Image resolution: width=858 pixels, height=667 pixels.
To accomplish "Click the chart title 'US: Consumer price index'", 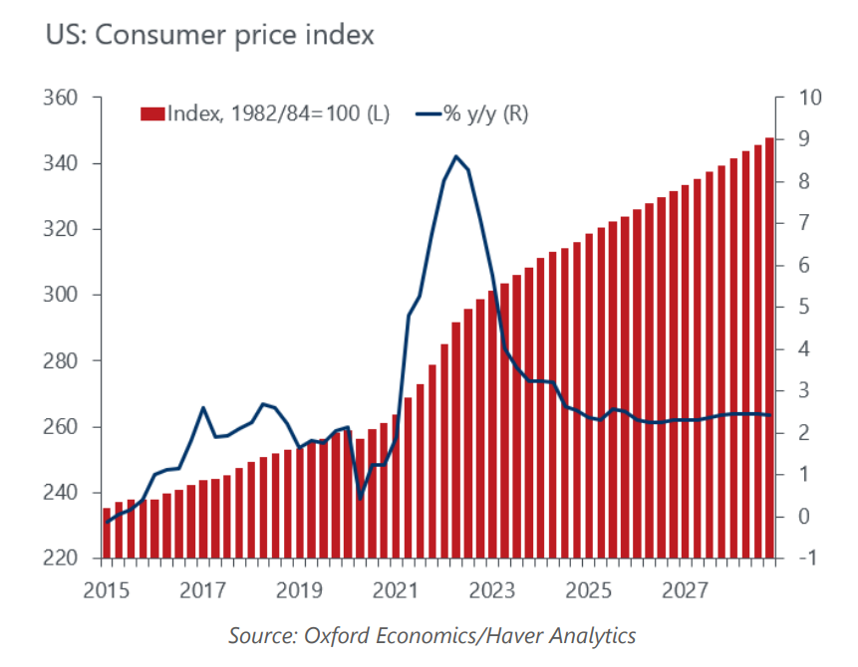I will [209, 36].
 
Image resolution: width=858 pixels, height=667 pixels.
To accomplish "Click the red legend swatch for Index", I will [151, 113].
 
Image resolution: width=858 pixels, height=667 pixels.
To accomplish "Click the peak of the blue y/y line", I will [455, 156].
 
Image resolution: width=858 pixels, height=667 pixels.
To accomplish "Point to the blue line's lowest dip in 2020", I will [361, 498].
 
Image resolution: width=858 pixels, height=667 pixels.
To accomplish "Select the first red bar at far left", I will [107, 533].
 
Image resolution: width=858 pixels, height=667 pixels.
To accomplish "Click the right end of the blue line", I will [769, 415].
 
